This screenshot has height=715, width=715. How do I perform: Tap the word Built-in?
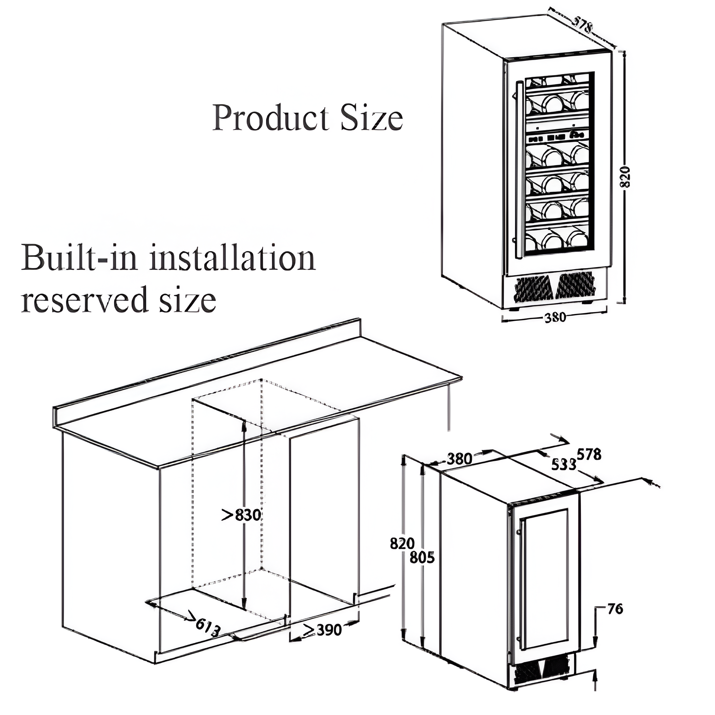pos(79,258)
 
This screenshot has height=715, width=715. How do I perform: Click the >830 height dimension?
pos(241,515)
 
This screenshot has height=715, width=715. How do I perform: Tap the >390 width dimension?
pos(322,629)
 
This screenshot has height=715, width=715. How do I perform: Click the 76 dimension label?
pos(615,609)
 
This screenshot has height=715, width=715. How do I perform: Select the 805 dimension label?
pos(422,557)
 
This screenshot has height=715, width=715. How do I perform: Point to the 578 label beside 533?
pos(589,454)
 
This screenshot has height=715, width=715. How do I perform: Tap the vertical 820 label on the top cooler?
pos(624,177)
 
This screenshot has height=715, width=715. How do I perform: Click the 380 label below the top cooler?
pos(555,317)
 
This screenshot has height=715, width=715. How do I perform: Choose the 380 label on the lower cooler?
pos(459,459)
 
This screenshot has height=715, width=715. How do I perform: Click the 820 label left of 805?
pos(402,543)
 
